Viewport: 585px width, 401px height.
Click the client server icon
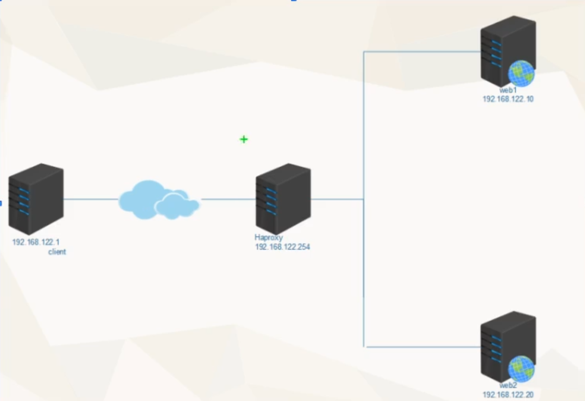[36, 199]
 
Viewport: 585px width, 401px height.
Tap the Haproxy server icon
[283, 198]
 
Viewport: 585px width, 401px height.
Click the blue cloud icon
[158, 200]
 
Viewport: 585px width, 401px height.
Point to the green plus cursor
[244, 139]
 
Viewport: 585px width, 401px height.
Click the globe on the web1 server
[521, 73]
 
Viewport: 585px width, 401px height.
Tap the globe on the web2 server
[521, 369]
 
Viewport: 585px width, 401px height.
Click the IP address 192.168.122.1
[36, 243]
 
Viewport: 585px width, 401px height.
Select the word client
[57, 252]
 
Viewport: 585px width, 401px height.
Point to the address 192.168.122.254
[282, 246]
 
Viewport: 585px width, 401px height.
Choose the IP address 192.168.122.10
[508, 99]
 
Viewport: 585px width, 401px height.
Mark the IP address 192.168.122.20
[508, 395]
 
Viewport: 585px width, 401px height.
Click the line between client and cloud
[90, 199]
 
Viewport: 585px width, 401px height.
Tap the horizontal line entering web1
[420, 52]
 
